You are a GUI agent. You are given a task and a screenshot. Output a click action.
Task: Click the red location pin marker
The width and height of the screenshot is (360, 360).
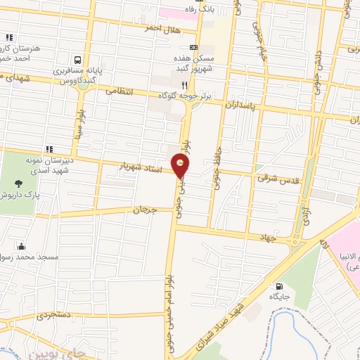coord(182,167)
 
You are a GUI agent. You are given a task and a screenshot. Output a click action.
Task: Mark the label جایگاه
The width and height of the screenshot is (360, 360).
coord(279,298)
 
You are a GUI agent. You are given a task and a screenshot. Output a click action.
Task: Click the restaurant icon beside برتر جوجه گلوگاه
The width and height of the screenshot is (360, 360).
coord(184,84)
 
